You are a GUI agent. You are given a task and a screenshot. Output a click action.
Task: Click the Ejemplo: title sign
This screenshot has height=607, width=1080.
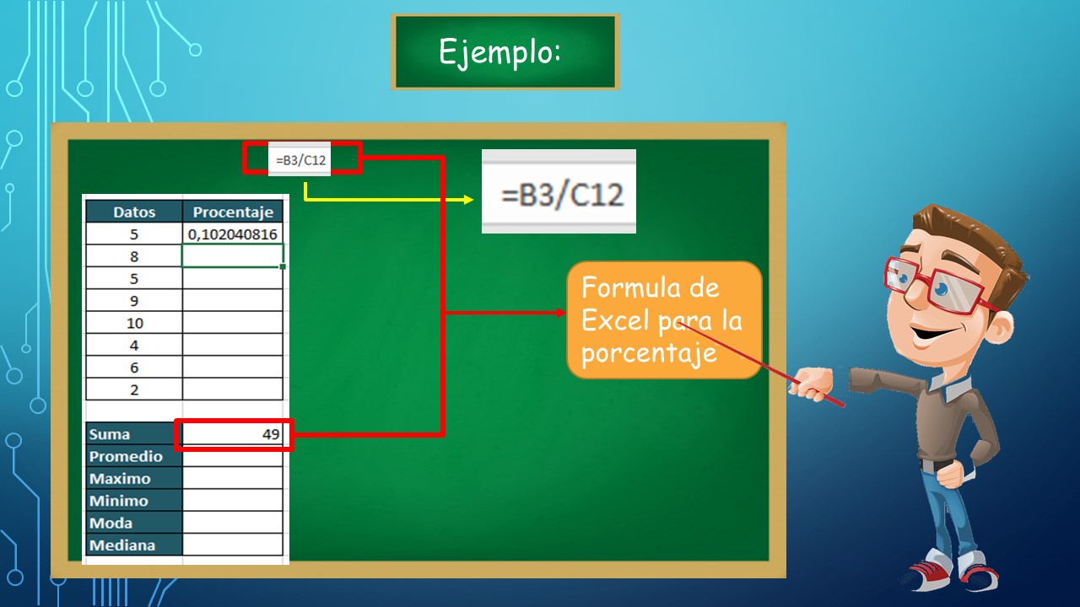pyautogui.click(x=505, y=51)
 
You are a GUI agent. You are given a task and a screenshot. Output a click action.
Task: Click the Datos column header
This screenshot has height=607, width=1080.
pyautogui.click(x=134, y=212)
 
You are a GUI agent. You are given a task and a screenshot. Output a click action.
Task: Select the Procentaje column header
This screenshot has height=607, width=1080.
pyautogui.click(x=233, y=212)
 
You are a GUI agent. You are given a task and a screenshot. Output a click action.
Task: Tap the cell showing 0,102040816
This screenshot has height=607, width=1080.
pyautogui.click(x=233, y=234)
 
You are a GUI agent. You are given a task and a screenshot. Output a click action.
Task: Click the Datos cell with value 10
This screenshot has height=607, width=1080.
pyautogui.click(x=134, y=323)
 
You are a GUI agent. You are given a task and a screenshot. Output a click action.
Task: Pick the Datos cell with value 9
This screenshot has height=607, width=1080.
pyautogui.click(x=134, y=301)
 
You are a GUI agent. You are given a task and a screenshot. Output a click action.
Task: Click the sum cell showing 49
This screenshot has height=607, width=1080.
pyautogui.click(x=233, y=434)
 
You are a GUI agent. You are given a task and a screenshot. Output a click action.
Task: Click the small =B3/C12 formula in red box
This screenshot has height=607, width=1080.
pyautogui.click(x=301, y=158)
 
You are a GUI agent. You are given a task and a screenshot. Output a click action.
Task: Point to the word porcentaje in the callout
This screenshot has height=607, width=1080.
pyautogui.click(x=648, y=352)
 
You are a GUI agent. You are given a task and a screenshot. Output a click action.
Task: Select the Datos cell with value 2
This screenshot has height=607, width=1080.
pyautogui.click(x=134, y=389)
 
